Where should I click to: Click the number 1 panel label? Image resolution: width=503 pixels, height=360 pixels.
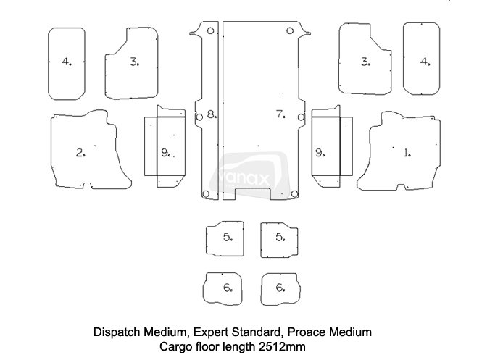tap(407, 152)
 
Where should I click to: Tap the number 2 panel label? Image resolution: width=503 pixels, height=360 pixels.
tap(80, 152)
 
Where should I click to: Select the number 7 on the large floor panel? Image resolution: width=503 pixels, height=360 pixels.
tap(280, 114)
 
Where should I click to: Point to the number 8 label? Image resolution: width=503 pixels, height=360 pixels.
tap(210, 114)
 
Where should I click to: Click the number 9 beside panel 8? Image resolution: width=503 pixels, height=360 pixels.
tap(166, 152)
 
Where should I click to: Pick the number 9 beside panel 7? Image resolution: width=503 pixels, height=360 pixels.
tap(320, 152)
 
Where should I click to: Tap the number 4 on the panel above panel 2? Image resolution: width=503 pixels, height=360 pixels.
tap(66, 62)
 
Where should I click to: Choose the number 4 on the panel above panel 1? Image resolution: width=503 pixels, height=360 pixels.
tap(425, 62)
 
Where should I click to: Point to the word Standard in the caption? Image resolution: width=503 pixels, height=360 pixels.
tap(257, 332)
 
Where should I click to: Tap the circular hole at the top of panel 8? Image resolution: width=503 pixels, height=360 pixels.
tap(210, 31)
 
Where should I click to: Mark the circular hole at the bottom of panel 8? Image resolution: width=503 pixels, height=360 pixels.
tap(207, 193)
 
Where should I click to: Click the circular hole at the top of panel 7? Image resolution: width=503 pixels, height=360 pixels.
tap(289, 31)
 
